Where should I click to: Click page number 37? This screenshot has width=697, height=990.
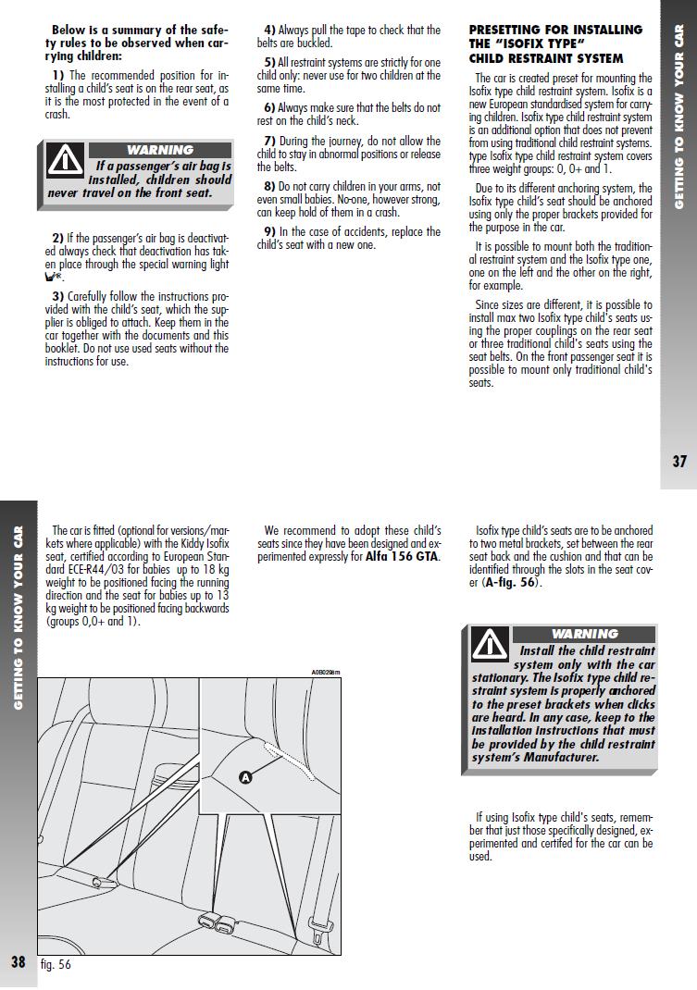coord(678,462)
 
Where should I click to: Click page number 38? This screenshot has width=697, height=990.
coord(19,961)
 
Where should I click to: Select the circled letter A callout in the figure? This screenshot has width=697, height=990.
coord(245,777)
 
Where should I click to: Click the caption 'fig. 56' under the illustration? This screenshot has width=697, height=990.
coord(56,964)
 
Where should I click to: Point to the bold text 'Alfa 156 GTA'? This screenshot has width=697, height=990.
coord(402,557)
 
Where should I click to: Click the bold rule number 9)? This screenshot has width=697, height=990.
coord(269,231)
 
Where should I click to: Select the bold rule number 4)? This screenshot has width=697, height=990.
coord(269,31)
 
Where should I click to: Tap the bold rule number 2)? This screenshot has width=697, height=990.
coord(57,239)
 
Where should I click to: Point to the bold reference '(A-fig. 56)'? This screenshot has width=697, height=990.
coord(511,583)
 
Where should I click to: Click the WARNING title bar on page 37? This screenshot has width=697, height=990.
coord(160,150)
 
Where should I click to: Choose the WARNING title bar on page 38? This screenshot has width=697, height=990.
coord(584,634)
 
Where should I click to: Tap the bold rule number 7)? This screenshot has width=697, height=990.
coord(269,141)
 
